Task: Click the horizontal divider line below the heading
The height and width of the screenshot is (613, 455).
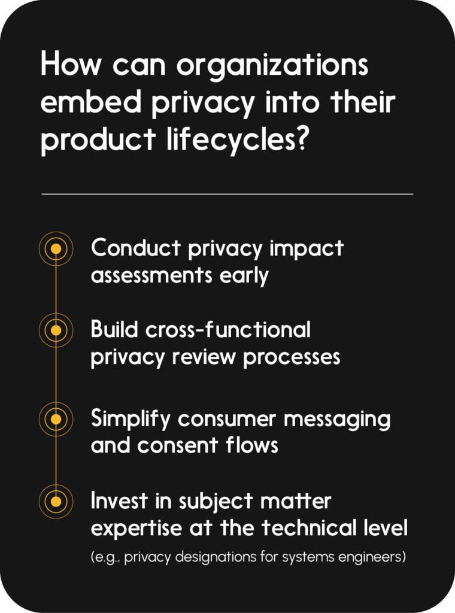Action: point(227,194)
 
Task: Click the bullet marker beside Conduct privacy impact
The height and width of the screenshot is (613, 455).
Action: point(56,248)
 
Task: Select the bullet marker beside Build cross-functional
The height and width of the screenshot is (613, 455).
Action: point(56,330)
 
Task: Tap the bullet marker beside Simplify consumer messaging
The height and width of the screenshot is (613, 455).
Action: point(56,420)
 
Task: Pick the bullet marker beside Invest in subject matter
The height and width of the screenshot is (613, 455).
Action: point(56,502)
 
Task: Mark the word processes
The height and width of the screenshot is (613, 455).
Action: point(292,358)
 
